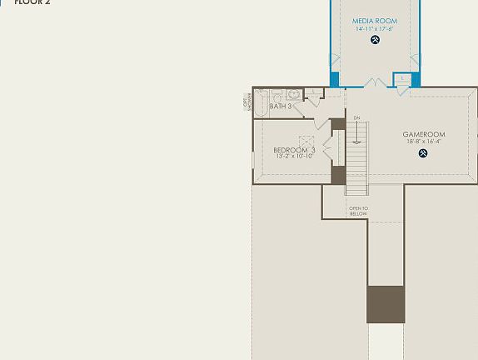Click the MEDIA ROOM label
coord(374,21)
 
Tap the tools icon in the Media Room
coord(375,39)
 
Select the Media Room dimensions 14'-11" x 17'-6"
coord(374,29)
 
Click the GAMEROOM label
coord(423,134)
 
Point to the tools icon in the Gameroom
coord(424,152)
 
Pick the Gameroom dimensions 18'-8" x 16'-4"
coord(423,142)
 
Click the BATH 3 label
coord(280,107)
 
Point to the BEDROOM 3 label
coord(294,150)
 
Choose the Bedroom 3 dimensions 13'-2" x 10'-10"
coord(294,157)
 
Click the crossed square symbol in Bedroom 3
coord(306,142)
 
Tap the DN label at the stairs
coord(356,117)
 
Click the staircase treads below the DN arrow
coord(356,158)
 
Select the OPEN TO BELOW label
coord(358,211)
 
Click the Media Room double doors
coord(374,83)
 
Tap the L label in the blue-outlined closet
coord(402,77)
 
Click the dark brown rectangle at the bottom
coord(386,304)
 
